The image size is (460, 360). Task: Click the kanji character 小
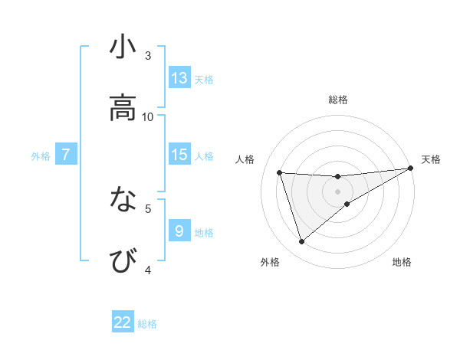[123, 47]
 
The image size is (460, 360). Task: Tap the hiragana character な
[123, 200]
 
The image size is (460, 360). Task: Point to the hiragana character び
[123, 261]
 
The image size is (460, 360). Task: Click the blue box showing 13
[179, 77]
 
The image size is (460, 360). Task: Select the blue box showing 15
[179, 155]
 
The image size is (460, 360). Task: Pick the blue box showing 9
[179, 231]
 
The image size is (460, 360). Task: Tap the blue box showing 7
[66, 155]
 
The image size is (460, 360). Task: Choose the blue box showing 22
[123, 322]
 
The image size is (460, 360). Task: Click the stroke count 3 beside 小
[148, 56]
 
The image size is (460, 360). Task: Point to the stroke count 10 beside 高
[148, 117]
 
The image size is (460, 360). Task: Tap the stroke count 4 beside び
[148, 270]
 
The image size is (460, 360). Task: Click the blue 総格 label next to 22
[147, 324]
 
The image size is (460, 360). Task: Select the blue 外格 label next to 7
[41, 156]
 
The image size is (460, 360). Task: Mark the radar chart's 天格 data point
[411, 169]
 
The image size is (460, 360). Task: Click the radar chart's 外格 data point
[301, 242]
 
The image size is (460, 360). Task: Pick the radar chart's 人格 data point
[280, 172]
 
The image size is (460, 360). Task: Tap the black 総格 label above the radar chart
[338, 100]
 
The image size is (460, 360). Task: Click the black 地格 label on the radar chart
[402, 263]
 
